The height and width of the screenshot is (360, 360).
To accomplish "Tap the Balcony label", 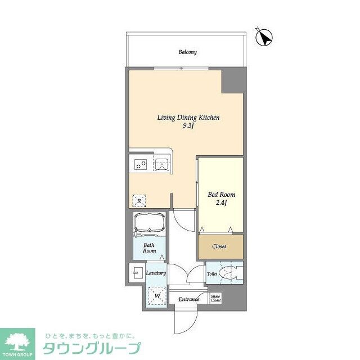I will pyautogui.click(x=187, y=52).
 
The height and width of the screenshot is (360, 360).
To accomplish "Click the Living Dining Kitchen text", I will pyautogui.click(x=187, y=118).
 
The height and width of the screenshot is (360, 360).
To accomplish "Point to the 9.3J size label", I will pyautogui.click(x=187, y=126).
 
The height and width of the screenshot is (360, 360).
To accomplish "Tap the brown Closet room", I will pyautogui.click(x=220, y=246).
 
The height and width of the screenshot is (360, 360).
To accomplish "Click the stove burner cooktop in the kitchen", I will pyautogui.click(x=140, y=164).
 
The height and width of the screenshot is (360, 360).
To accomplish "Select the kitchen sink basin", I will pyautogui.click(x=161, y=164).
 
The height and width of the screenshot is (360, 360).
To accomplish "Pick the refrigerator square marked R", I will pyautogui.click(x=139, y=200).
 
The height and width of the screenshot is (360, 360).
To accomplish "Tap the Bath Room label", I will pyautogui.click(x=148, y=249).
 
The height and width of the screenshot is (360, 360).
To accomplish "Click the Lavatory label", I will pyautogui.click(x=156, y=273).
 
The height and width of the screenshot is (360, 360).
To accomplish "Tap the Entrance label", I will pyautogui.click(x=189, y=299).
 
